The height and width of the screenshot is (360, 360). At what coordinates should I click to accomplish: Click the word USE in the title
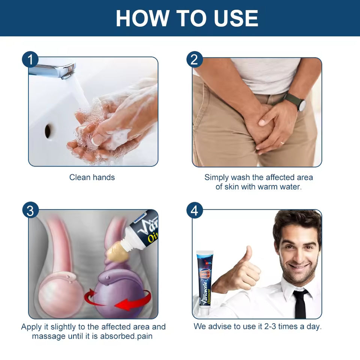click(236, 18)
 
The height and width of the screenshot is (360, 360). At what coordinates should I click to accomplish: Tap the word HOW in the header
click(142, 18)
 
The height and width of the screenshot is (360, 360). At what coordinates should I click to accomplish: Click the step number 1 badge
click(30, 60)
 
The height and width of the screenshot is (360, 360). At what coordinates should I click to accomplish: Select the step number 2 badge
click(195, 60)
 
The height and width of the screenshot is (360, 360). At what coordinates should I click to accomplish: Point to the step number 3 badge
click(30, 210)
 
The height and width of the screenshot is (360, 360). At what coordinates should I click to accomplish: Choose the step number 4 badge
click(195, 210)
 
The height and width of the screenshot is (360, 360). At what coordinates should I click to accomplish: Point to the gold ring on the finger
click(282, 142)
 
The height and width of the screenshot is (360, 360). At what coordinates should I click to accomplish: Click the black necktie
click(300, 303)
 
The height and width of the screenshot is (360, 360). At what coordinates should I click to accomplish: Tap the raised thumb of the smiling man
click(248, 255)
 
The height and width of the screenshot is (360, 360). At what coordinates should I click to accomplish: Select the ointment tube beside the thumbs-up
click(205, 283)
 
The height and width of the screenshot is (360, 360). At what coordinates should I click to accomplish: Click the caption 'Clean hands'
click(92, 177)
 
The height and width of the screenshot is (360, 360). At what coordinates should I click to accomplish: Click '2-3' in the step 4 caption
click(270, 326)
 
